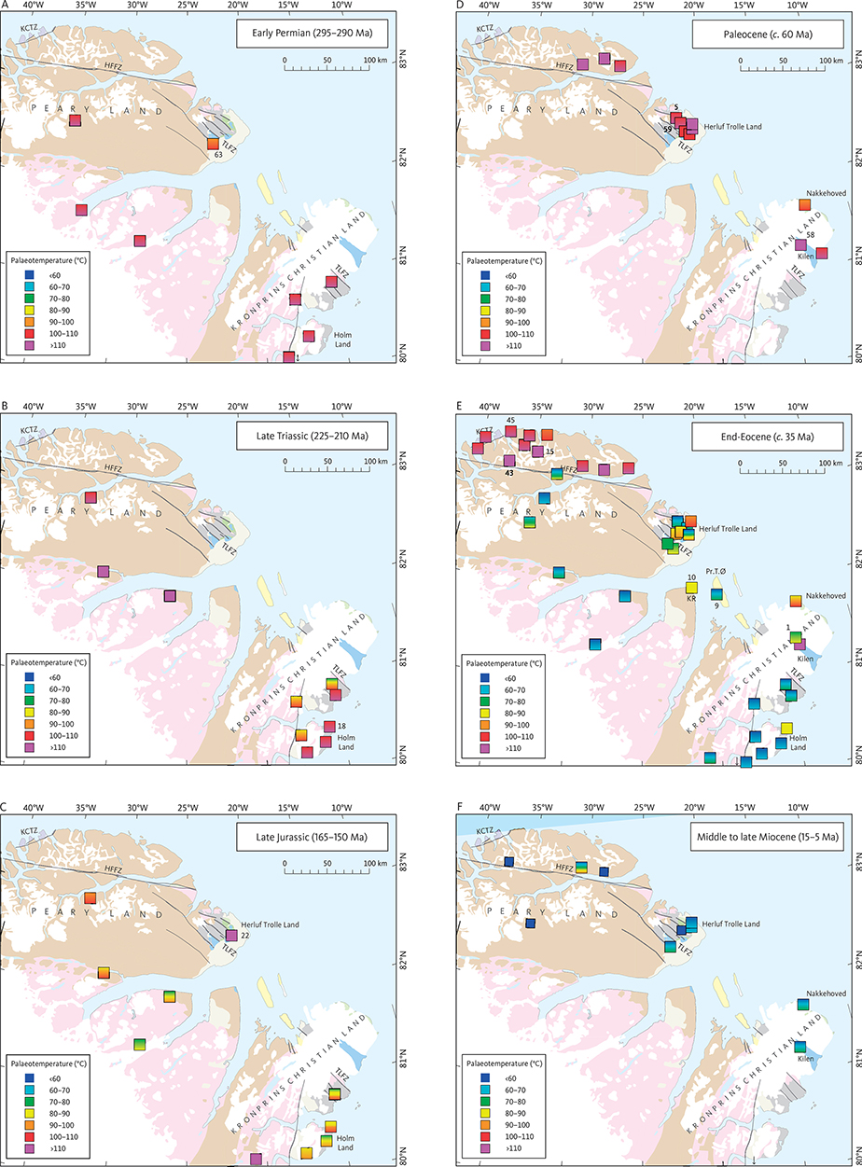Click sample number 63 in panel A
coord(218,155)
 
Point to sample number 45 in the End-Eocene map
coord(510,420)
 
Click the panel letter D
coord(461,5)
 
